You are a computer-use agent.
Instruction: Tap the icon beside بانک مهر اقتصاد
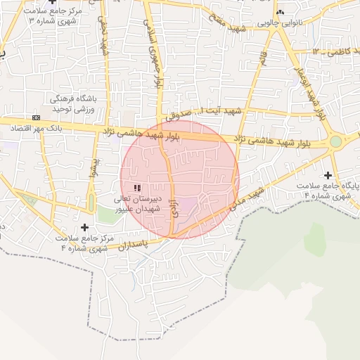(37, 117)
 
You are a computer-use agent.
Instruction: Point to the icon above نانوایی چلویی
(281, 12)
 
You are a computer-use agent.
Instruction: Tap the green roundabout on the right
(336, 141)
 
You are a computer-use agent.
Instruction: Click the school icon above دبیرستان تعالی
(136, 187)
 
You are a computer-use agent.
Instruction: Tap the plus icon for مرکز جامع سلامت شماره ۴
(85, 227)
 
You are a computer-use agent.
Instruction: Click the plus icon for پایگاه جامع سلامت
(327, 174)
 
